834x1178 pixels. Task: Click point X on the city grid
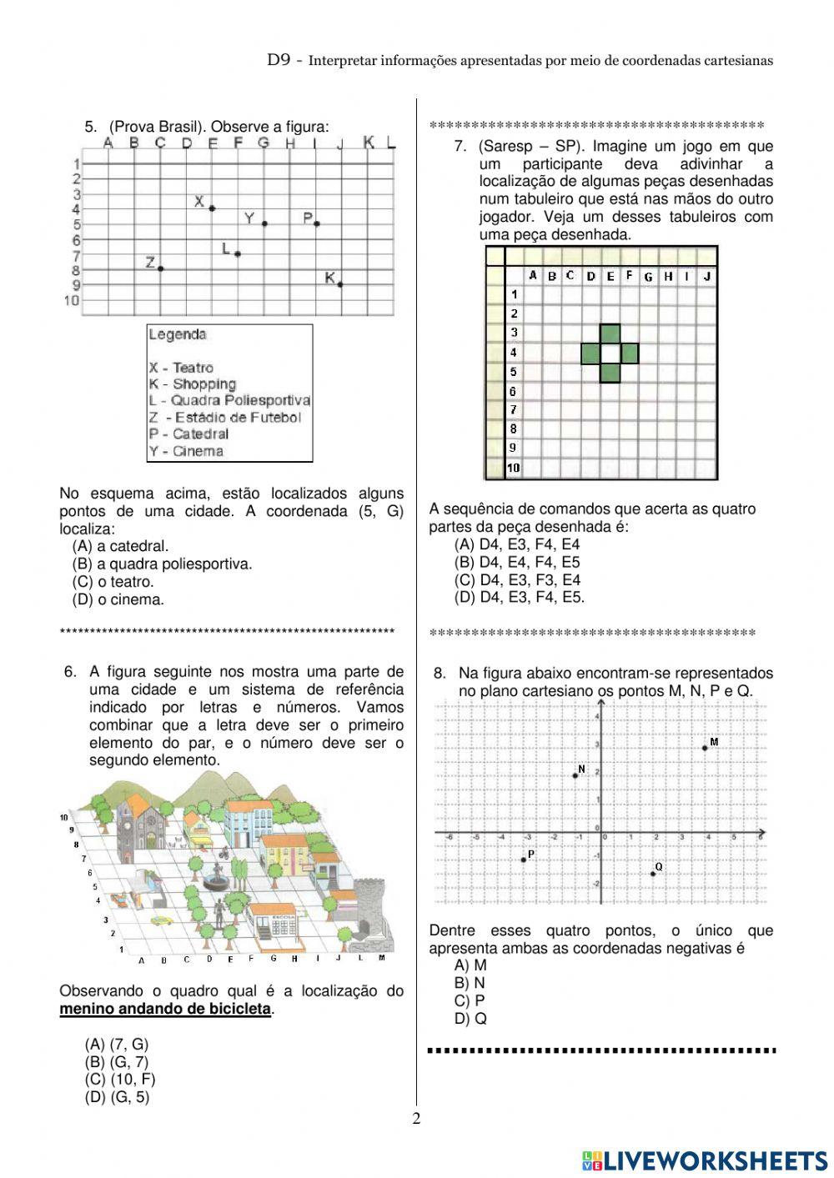212,208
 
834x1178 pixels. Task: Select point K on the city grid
340,284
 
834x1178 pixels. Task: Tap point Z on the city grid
160,268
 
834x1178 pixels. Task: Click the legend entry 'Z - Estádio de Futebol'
225,418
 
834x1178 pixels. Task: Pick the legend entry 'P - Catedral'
188,434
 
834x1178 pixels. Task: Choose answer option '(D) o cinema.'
118,599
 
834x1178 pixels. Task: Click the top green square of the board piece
610,333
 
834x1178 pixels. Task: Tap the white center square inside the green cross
610,353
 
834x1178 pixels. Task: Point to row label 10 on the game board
513,468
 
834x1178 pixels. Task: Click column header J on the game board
707,276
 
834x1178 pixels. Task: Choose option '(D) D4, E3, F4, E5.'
519,598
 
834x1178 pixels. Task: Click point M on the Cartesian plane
706,748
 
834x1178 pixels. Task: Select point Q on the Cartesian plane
653,873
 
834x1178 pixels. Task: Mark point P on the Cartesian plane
523,860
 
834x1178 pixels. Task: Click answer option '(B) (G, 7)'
117,1062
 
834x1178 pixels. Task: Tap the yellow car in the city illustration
161,920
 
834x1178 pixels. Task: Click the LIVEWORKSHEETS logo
705,1160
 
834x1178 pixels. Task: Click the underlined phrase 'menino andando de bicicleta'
165,1010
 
